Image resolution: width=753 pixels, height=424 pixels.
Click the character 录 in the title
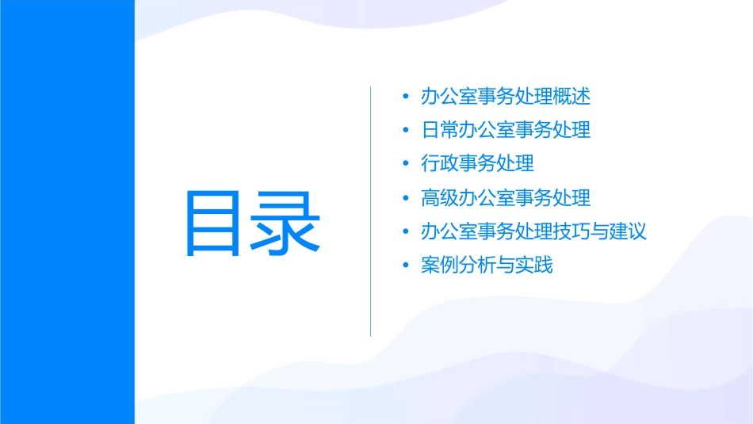point(287,223)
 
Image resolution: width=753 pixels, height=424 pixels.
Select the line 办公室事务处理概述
point(506,97)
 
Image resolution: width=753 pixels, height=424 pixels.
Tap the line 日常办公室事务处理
point(506,130)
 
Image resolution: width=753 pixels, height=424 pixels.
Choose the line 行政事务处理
point(477,164)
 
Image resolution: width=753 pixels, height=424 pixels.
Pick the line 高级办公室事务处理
point(506,197)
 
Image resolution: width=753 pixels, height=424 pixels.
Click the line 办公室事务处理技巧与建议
point(533,231)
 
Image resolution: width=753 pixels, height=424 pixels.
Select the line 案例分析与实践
point(487,265)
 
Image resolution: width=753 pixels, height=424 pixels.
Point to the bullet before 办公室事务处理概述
point(406,97)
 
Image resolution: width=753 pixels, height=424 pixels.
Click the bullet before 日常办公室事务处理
point(406,131)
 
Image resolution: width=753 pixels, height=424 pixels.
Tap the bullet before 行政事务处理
point(406,165)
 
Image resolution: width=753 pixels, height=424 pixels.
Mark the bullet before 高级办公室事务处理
point(406,198)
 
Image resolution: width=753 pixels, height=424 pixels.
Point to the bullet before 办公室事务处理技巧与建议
point(406,232)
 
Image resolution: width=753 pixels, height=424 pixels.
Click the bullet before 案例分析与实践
point(406,265)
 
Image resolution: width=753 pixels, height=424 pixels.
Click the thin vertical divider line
point(371,212)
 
